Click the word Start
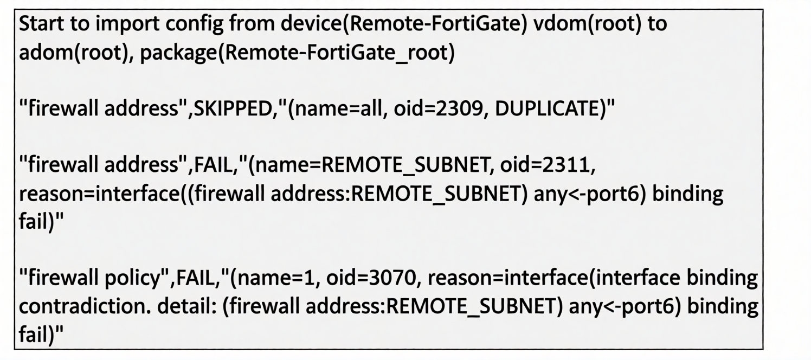pos(41,24)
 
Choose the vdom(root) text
pos(588,24)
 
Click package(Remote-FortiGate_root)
pos(297,53)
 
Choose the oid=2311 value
pos(545,165)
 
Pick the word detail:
pos(187,306)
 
